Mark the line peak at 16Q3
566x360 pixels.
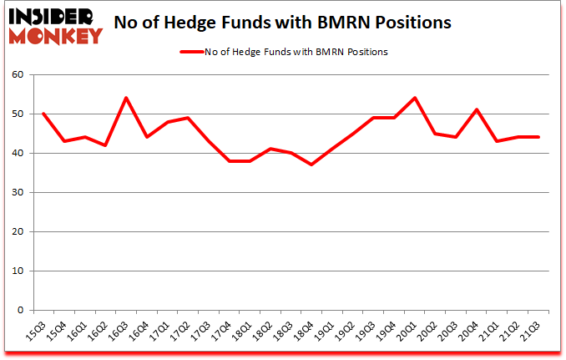pos(125,98)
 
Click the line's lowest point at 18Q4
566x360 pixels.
pos(311,165)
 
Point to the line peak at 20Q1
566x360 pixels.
pos(415,98)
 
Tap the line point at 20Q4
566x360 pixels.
pos(477,109)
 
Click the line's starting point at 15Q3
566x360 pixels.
pos(43,114)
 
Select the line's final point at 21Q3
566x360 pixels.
pos(538,137)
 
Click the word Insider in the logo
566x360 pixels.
pos(51,16)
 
